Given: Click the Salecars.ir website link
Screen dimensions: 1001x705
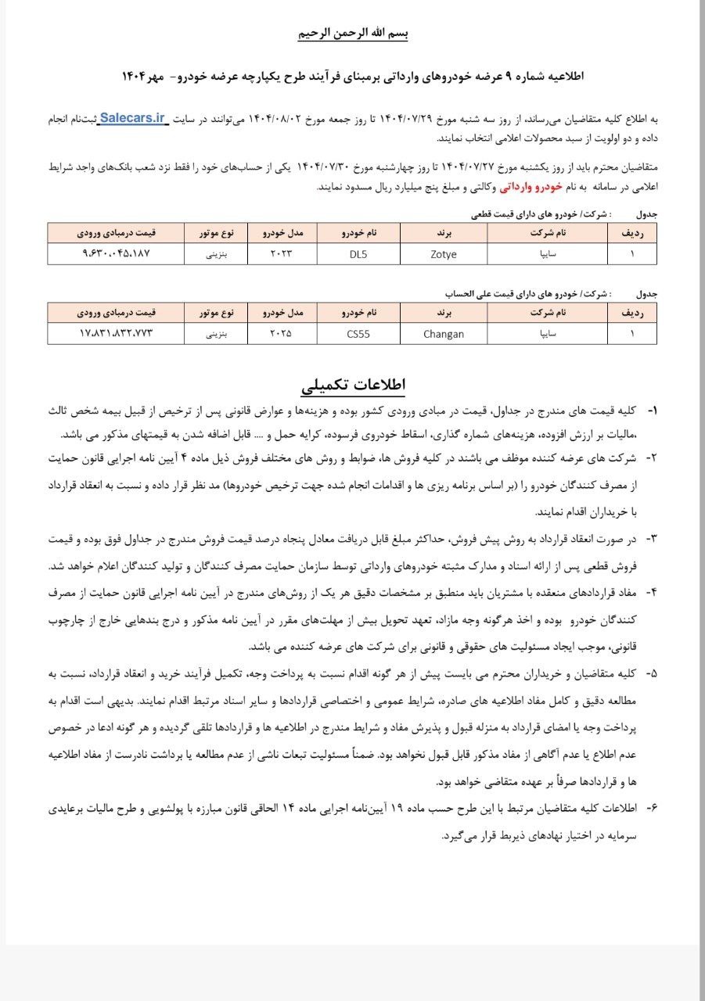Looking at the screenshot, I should point(133,119).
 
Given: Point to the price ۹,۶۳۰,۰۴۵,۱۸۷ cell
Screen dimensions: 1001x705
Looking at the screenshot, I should point(116,253).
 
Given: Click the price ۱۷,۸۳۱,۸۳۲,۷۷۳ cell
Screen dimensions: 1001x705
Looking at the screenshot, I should point(116,333).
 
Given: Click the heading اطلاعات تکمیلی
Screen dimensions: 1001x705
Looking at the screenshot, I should point(353,386).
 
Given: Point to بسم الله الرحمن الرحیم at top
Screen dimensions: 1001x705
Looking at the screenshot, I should point(353,34).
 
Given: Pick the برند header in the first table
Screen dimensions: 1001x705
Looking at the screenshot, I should point(444,233).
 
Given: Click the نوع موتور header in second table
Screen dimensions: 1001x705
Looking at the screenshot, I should point(215,313).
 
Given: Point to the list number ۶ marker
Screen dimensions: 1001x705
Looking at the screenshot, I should point(651,807).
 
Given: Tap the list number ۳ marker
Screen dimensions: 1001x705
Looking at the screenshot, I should point(651,538).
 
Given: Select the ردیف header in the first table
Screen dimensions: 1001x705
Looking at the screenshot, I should point(631,233).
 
